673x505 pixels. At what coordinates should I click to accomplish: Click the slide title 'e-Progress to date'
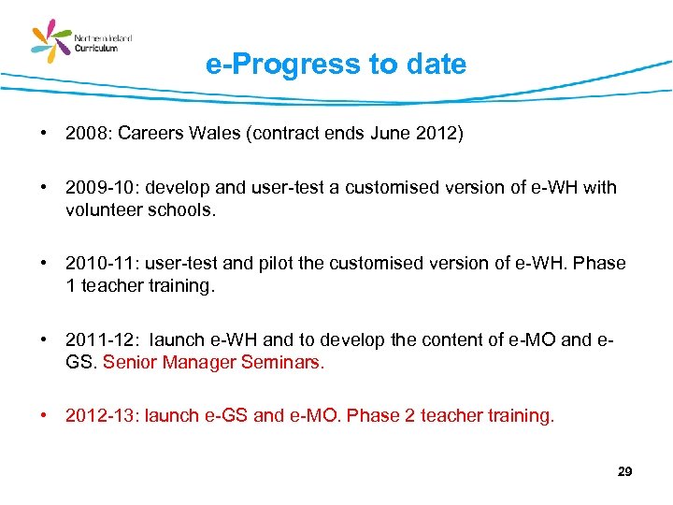(336, 65)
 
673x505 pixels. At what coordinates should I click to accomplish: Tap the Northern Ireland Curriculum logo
(81, 42)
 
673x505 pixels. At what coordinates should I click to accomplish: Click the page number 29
(625, 472)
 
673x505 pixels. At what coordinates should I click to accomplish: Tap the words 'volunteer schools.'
(140, 209)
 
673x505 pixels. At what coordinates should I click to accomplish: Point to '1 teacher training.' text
(140, 286)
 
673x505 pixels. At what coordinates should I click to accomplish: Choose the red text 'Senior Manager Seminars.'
(214, 362)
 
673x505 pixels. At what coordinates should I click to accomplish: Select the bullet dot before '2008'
(44, 134)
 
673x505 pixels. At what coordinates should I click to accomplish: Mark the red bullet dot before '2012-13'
(44, 416)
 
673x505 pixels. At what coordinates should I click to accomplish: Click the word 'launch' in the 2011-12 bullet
(177, 340)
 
